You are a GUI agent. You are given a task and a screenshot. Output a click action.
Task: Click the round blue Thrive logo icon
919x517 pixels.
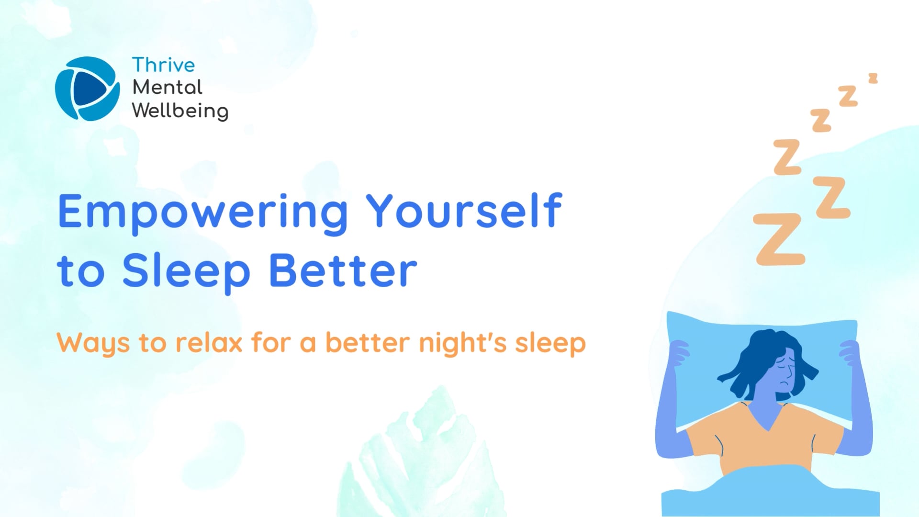87,89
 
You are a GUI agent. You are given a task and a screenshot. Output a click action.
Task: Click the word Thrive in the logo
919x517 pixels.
163,65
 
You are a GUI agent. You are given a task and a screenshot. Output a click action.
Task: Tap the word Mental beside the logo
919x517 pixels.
167,88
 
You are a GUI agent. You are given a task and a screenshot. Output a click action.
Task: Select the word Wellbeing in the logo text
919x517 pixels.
180,111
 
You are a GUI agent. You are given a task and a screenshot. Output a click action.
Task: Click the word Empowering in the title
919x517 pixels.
202,212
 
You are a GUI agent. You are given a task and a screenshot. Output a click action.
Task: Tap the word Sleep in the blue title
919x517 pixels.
186,272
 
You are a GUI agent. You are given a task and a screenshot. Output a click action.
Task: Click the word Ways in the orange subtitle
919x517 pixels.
93,344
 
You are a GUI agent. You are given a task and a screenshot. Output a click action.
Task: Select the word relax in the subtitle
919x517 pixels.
209,343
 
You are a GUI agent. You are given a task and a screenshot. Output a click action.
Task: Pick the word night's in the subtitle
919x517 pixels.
462,344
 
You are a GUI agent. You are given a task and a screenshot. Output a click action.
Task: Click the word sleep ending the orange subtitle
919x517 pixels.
550,344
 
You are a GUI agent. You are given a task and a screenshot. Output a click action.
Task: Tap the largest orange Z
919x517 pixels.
779,239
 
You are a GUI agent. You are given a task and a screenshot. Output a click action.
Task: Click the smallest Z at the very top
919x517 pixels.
873,78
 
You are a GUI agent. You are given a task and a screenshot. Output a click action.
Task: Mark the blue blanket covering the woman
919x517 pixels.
771,493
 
